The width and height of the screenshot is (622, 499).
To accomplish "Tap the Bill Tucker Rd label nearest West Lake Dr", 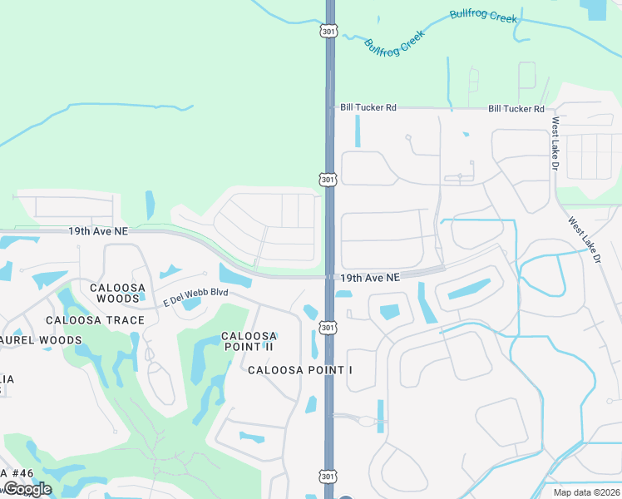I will coord(516,109).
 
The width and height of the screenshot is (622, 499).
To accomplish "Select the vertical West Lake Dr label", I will coord(555,144).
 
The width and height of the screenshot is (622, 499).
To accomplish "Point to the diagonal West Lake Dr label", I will coord(585,240).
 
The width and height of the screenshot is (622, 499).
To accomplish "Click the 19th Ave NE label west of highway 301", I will coord(98,230).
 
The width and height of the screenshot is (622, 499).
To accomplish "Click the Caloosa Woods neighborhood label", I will coord(118,294).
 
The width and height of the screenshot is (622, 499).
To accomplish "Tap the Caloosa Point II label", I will coord(249,342).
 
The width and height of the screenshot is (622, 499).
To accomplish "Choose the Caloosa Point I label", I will coord(300,368).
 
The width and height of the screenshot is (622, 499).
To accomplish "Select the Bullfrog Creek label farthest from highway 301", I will coord(483,16).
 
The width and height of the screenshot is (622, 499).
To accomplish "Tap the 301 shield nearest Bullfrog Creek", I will coord(329,30).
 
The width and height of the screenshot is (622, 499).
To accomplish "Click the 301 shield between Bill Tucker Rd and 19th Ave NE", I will coord(329,179).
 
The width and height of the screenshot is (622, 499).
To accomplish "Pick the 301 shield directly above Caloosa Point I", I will coord(329,329).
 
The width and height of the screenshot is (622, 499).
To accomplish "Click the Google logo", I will coord(27,489).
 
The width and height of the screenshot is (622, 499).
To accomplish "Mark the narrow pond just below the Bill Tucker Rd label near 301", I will coord(358,131).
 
